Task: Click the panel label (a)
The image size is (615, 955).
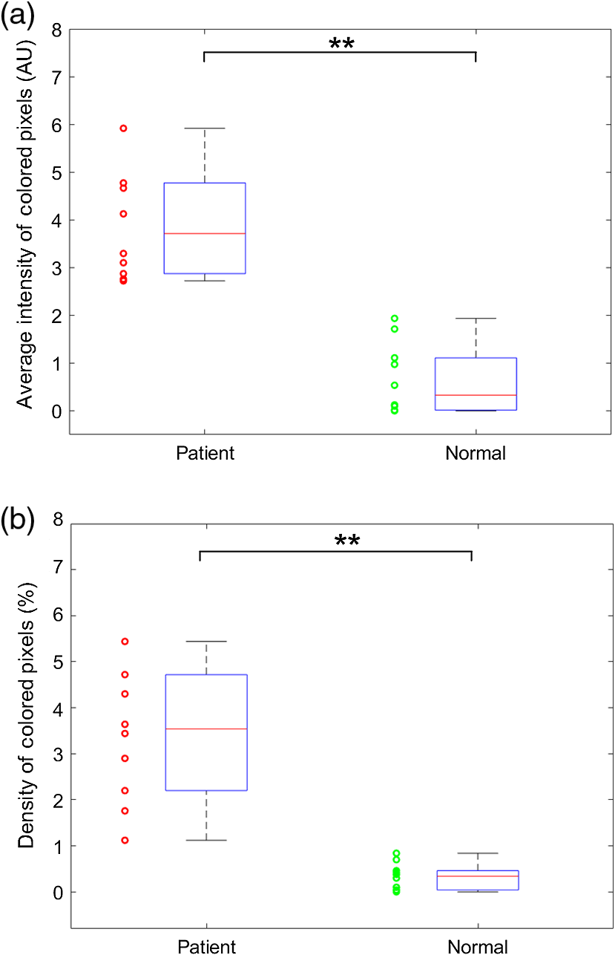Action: [x=17, y=16]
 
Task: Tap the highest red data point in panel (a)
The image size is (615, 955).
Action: [x=123, y=128]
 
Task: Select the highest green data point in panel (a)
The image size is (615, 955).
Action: [x=395, y=319]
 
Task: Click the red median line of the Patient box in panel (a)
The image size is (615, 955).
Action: [x=205, y=234]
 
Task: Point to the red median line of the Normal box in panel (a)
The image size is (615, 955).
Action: [x=476, y=395]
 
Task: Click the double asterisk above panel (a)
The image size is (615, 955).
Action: [x=341, y=44]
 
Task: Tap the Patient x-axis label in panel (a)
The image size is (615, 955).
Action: [x=205, y=453]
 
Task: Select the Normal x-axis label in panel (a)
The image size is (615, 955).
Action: [x=476, y=453]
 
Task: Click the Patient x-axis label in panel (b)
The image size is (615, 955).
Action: [x=206, y=947]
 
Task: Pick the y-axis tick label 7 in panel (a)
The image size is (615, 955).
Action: [x=57, y=77]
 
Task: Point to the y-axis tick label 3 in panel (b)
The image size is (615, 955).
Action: [x=58, y=755]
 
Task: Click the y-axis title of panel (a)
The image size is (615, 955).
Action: [x=24, y=224]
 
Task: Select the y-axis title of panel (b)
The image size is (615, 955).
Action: [x=25, y=716]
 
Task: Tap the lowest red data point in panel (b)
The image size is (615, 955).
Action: [x=125, y=841]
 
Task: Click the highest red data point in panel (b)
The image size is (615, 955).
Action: [x=125, y=641]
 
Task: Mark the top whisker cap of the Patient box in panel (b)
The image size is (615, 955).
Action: [x=206, y=641]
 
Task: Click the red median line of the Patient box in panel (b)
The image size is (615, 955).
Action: [x=206, y=729]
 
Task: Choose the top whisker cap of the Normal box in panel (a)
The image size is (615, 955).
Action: [x=476, y=319]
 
